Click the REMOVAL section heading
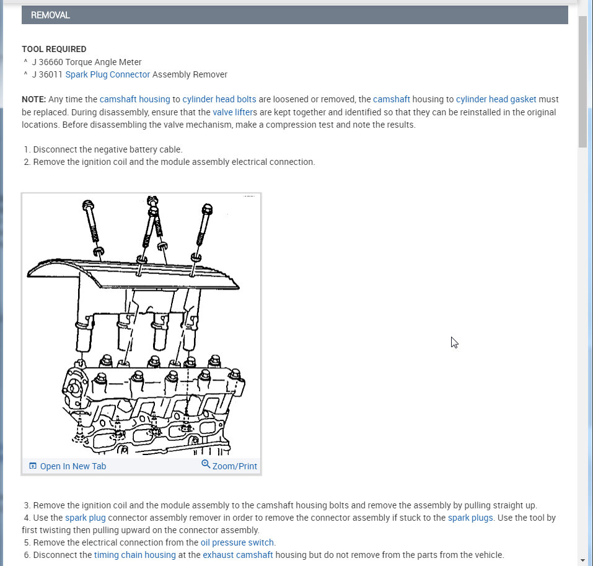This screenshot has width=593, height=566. coord(50,15)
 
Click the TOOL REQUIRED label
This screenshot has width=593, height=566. coord(54,49)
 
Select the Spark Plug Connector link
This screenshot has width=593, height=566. coord(107,74)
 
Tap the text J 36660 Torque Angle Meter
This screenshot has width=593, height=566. coord(87,62)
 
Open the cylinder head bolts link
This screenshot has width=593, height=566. coord(219,99)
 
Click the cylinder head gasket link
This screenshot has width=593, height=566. coord(496,99)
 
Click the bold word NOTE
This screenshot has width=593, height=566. coord(34,99)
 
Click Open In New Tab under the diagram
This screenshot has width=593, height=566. coord(72,466)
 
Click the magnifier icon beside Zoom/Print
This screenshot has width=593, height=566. coord(206,465)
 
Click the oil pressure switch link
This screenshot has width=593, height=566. coord(237,542)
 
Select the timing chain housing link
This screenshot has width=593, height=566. coord(134,555)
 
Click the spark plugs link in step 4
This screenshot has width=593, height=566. coord(470,518)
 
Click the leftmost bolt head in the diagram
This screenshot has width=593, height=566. coord(87,204)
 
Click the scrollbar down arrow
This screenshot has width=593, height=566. coord(582,560)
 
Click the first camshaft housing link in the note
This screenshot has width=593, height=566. coord(134,99)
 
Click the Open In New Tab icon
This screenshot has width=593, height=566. coord(33,466)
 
